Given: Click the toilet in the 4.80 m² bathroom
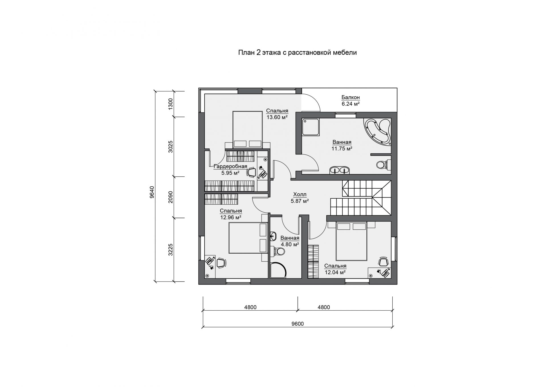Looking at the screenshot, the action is click(279, 251).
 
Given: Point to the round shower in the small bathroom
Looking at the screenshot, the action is click(278, 270).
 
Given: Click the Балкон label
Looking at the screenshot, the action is click(351, 97).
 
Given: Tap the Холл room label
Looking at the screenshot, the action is click(300, 195).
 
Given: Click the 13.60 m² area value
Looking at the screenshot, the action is click(277, 117).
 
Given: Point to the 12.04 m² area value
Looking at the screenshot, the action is click(335, 272).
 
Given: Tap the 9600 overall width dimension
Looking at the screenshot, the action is click(297, 324).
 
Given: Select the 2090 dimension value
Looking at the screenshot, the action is click(170, 197).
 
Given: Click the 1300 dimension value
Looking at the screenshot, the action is click(170, 104).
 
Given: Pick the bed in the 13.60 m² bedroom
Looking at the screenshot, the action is click(248, 130).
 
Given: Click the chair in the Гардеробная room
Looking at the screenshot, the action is click(251, 172).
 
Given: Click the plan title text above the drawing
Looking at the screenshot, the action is click(297, 53).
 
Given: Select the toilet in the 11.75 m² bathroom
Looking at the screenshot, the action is click(383, 165).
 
